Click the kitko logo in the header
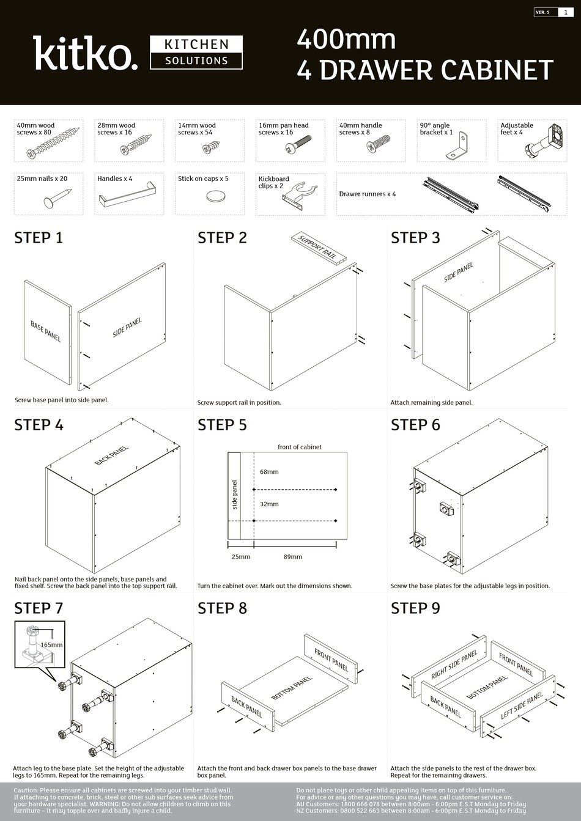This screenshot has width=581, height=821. (x=85, y=53)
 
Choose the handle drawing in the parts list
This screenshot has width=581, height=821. (x=128, y=197)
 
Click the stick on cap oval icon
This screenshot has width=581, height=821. (x=215, y=196)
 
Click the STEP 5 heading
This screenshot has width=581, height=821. (x=222, y=425)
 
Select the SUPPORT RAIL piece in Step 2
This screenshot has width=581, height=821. (x=318, y=246)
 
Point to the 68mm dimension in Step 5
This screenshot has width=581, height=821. (x=269, y=471)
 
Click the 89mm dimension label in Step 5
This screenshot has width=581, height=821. (x=293, y=557)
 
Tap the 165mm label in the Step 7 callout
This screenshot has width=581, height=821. (x=51, y=645)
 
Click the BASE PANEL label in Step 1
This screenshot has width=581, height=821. (x=46, y=331)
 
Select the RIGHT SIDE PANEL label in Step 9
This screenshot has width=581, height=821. (x=454, y=665)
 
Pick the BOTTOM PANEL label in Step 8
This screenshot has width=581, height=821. (x=291, y=688)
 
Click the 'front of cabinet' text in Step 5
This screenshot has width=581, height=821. (x=299, y=447)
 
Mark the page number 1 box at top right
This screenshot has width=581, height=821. (x=565, y=12)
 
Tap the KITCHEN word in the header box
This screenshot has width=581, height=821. (x=196, y=45)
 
